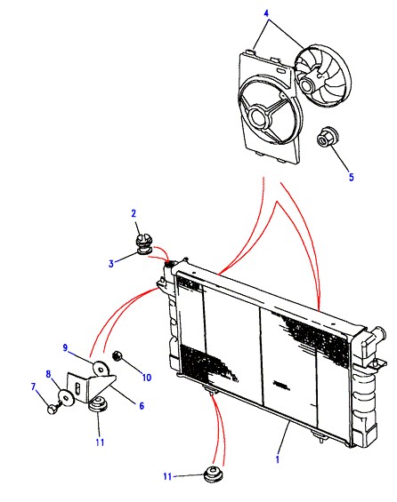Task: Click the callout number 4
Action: tap(266, 13)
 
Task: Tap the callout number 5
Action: tap(351, 177)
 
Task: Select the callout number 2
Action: tap(134, 213)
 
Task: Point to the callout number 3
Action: tap(111, 264)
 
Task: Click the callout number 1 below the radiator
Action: tap(278, 459)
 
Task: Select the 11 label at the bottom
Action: tap(167, 477)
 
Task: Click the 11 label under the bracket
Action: tap(100, 442)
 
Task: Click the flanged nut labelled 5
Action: tap(325, 138)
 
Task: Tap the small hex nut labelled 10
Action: tap(117, 356)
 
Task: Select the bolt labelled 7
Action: tap(53, 409)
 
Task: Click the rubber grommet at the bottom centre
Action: tap(214, 474)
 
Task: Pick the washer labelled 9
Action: tap(101, 369)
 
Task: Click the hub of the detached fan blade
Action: tap(308, 83)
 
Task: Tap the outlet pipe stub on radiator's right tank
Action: tap(380, 334)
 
